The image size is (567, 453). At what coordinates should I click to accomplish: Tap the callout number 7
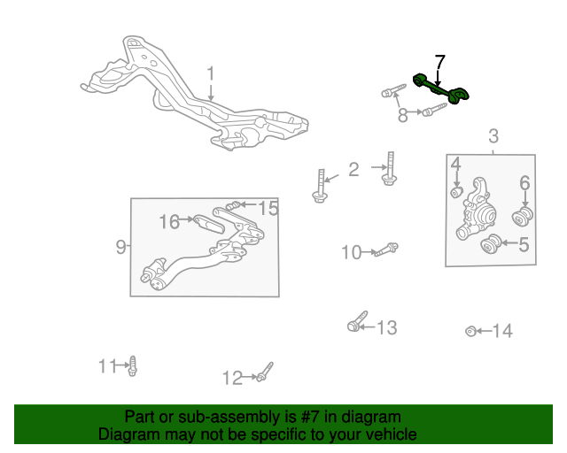tap(439, 63)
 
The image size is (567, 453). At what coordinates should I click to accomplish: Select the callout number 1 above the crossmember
tap(211, 73)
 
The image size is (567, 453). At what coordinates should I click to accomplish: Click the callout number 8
tap(402, 115)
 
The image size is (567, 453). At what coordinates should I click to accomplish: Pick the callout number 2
tap(353, 169)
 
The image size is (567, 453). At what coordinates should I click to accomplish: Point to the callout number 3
tap(493, 136)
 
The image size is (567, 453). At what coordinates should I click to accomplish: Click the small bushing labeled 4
tap(457, 192)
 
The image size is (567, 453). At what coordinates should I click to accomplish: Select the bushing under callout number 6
tap(523, 217)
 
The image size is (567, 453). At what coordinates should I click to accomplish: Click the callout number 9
tap(121, 247)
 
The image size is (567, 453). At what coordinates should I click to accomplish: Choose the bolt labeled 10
tap(386, 250)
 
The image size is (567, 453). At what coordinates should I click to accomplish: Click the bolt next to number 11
tap(133, 366)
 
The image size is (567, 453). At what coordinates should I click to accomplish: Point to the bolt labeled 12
tap(265, 372)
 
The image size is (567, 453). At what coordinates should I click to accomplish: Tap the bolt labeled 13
tap(358, 321)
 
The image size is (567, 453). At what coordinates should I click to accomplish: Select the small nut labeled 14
tap(470, 331)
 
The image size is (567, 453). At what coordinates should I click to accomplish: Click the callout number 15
tap(268, 208)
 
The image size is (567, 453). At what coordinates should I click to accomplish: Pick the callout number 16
tap(169, 221)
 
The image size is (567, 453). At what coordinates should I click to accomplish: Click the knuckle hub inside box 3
tap(477, 210)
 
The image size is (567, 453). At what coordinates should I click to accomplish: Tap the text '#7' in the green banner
tap(310, 417)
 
